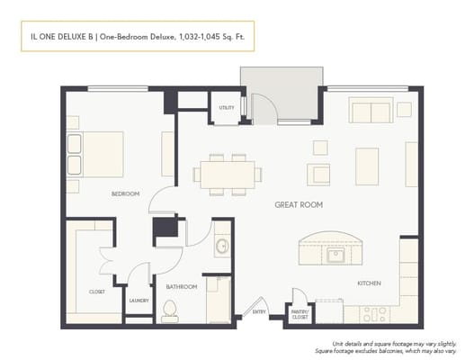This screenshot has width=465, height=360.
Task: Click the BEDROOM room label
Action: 125,193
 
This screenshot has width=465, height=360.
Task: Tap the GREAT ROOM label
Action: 298,205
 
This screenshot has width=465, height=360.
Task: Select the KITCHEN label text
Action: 370,283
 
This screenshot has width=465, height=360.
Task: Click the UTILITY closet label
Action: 226,109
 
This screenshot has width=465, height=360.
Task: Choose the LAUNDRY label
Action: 139,300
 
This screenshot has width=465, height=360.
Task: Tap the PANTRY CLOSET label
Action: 300,315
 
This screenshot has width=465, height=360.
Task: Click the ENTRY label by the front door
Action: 260,311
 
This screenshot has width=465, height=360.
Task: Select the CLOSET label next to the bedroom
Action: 97,292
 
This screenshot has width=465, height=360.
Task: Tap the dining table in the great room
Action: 225,173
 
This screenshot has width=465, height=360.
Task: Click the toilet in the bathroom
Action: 171,310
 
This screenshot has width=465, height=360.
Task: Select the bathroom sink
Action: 222,245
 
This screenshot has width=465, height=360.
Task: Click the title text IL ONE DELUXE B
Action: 59,38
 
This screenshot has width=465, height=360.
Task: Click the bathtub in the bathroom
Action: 218,300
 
